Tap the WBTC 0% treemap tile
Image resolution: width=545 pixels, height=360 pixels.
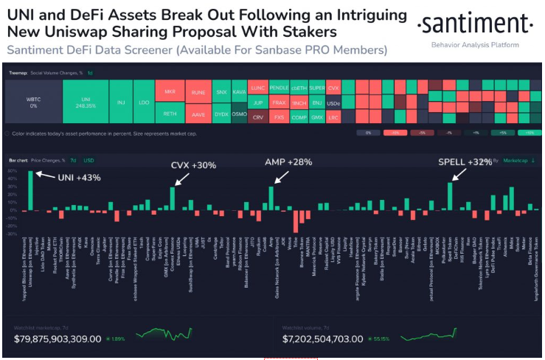33,102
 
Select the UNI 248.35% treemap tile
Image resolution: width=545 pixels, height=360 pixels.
85,102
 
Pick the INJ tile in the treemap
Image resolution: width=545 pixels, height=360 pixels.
120,102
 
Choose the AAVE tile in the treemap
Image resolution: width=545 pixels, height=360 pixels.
198,116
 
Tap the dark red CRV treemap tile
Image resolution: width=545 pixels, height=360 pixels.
257,117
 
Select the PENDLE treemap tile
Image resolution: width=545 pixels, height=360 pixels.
278,87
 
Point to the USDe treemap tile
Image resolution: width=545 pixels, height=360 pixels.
334,102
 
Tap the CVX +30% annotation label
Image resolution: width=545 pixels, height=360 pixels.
193,165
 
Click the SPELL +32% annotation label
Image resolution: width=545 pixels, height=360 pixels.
465,162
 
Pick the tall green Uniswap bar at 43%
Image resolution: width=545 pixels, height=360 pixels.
31,190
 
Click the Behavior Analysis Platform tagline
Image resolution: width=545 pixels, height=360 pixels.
474,45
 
